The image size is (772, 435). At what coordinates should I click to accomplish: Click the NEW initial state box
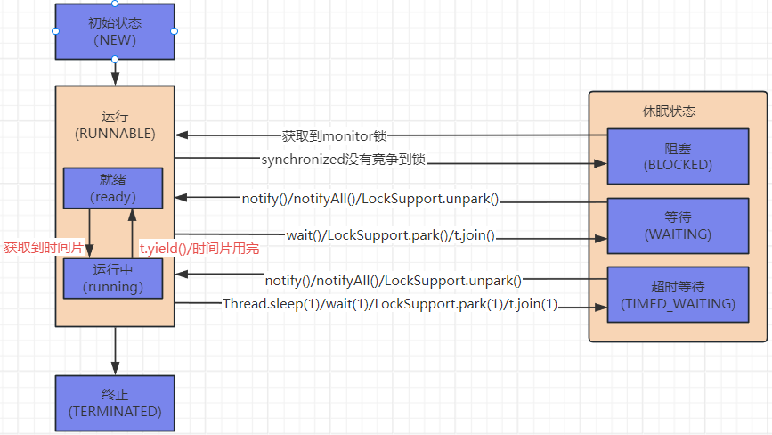(x=115, y=31)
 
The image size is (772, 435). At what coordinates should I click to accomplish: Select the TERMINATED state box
(x=115, y=403)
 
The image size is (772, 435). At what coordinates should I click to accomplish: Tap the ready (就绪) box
(x=112, y=187)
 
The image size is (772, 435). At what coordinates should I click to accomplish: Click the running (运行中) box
(x=112, y=278)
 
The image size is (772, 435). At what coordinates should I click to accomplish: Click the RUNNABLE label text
(x=115, y=134)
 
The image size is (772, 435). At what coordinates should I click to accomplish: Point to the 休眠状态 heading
(x=669, y=111)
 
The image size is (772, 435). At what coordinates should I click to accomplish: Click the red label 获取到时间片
(x=44, y=248)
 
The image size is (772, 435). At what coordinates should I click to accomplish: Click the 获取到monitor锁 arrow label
(x=335, y=136)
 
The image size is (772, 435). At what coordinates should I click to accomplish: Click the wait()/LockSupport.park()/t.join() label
(x=390, y=236)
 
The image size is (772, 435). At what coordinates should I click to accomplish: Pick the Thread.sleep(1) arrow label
(x=390, y=304)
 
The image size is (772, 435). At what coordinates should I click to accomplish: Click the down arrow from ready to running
(x=90, y=232)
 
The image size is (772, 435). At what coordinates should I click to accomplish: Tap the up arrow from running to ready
(x=132, y=232)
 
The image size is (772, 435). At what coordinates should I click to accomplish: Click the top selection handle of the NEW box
(x=115, y=4)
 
